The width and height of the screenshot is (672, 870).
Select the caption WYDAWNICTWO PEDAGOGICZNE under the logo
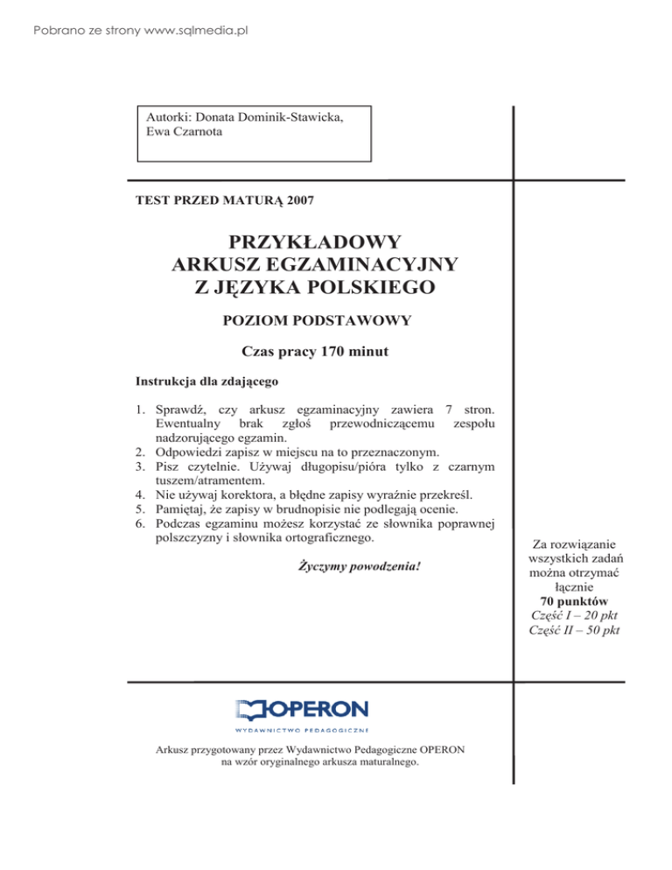[303, 727]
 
